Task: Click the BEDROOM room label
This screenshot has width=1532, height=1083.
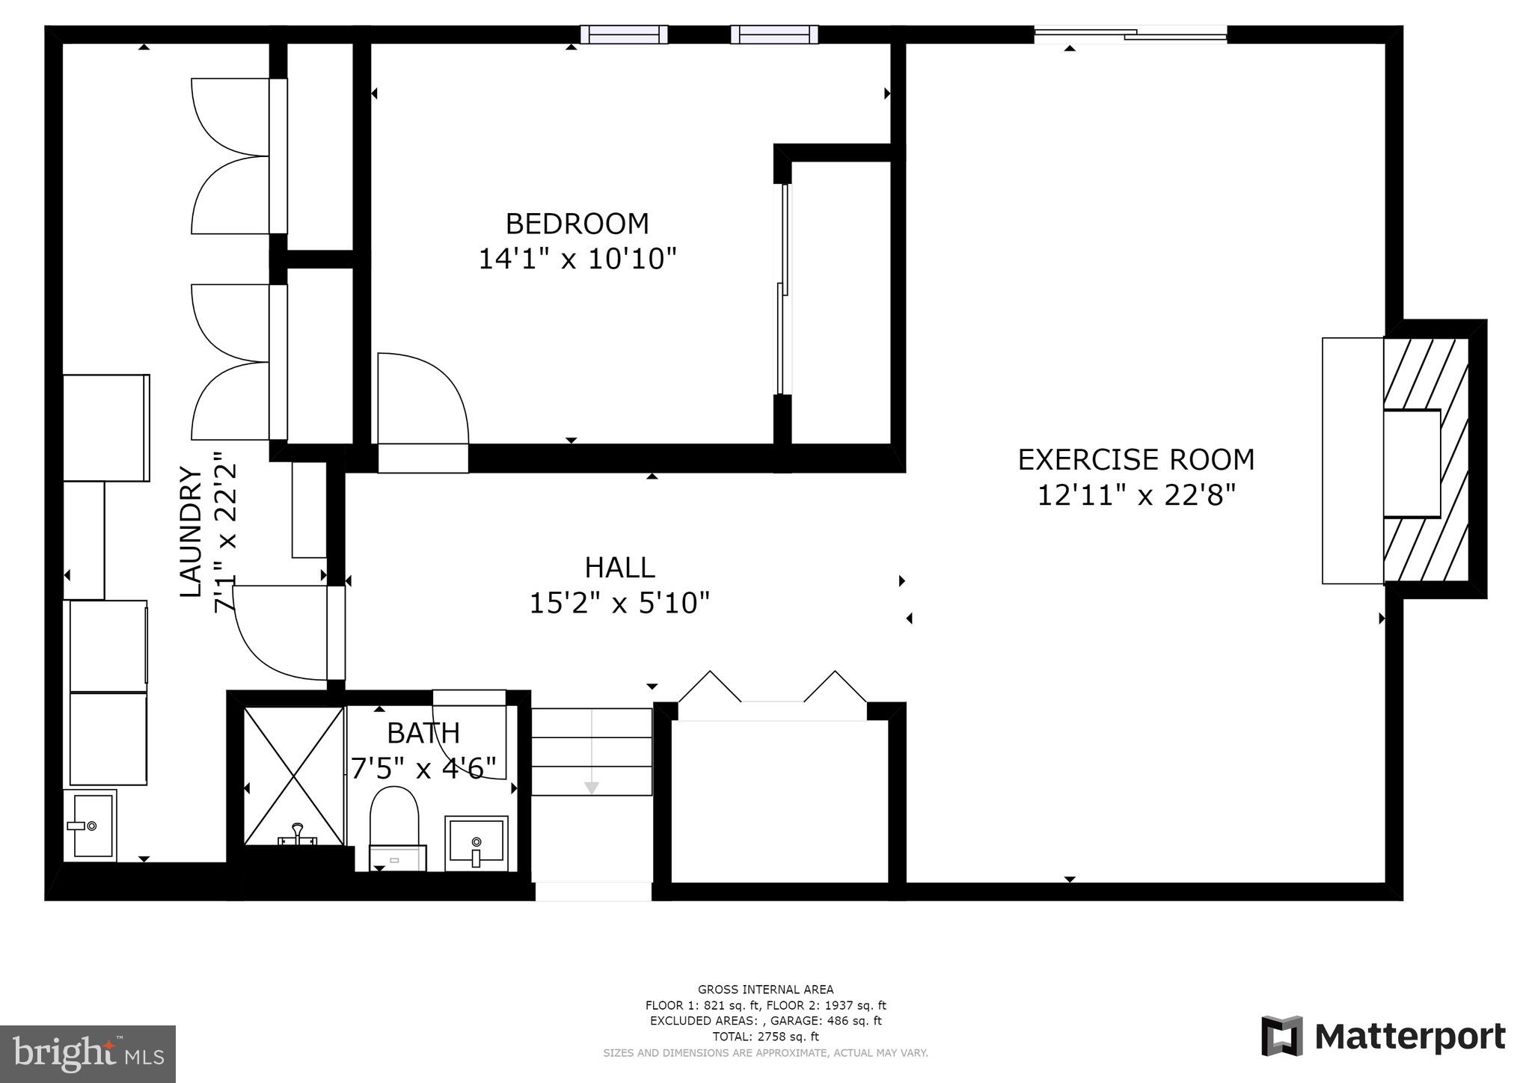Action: pyautogui.click(x=577, y=224)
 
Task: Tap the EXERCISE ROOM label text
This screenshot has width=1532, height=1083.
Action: pyautogui.click(x=1136, y=459)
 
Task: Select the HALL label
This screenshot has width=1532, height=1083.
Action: pyautogui.click(x=619, y=568)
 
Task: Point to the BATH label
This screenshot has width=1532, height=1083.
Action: pyautogui.click(x=423, y=733)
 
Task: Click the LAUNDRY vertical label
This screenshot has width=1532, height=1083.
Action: pyautogui.click(x=191, y=532)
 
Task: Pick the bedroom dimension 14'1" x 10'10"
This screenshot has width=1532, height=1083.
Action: pyautogui.click(x=577, y=259)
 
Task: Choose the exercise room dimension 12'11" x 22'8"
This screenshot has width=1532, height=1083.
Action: pyautogui.click(x=1136, y=494)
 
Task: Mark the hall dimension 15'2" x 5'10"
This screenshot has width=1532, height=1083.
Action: pyautogui.click(x=619, y=603)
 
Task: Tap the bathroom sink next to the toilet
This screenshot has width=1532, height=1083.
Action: pyautogui.click(x=477, y=843)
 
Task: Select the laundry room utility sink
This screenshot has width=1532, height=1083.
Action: pyautogui.click(x=91, y=825)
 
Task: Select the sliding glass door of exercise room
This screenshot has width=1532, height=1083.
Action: pyautogui.click(x=1130, y=34)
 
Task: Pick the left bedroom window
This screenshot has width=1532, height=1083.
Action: pyautogui.click(x=624, y=34)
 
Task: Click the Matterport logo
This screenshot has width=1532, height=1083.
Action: pyautogui.click(x=1383, y=1036)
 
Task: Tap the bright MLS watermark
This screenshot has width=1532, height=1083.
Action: pyautogui.click(x=88, y=1054)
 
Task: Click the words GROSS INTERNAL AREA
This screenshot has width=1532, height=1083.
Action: pyautogui.click(x=765, y=990)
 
